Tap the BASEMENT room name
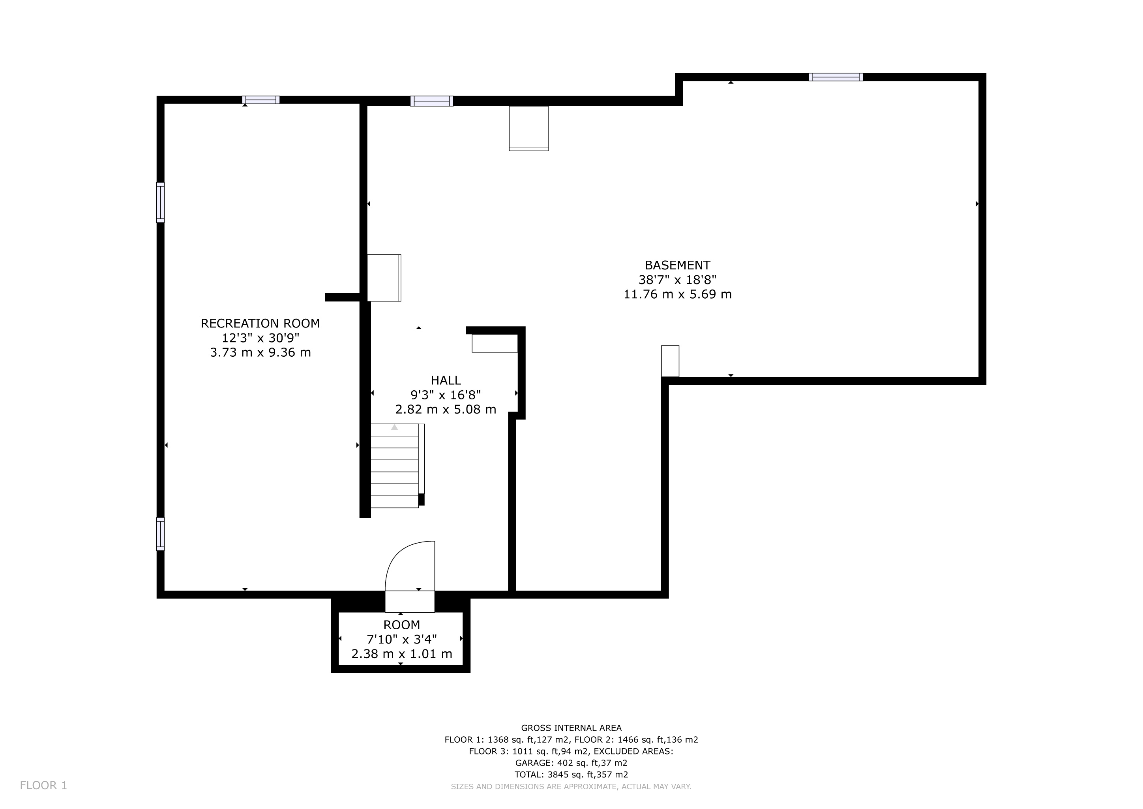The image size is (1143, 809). pyautogui.click(x=678, y=265)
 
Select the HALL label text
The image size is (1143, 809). pyautogui.click(x=446, y=380)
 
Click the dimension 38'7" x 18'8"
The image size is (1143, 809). pyautogui.click(x=678, y=280)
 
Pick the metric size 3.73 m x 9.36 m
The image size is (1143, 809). pyautogui.click(x=260, y=353)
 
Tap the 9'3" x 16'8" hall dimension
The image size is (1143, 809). pyautogui.click(x=446, y=395)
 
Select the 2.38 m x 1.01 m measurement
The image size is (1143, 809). pyautogui.click(x=402, y=654)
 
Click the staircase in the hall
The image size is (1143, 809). pyautogui.click(x=397, y=466)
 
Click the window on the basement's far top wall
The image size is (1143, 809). pyautogui.click(x=836, y=77)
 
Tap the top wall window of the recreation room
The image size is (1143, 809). pyautogui.click(x=261, y=100)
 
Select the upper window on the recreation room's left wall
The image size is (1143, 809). pyautogui.click(x=160, y=203)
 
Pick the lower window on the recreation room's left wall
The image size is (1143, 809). pyautogui.click(x=160, y=534)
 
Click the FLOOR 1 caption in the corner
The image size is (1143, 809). pyautogui.click(x=43, y=786)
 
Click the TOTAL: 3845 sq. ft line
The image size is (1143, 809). pyautogui.click(x=571, y=775)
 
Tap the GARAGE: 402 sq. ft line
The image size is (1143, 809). pyautogui.click(x=571, y=763)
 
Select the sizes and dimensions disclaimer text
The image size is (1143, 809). pyautogui.click(x=571, y=786)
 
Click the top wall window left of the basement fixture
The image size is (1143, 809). pyautogui.click(x=432, y=101)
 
